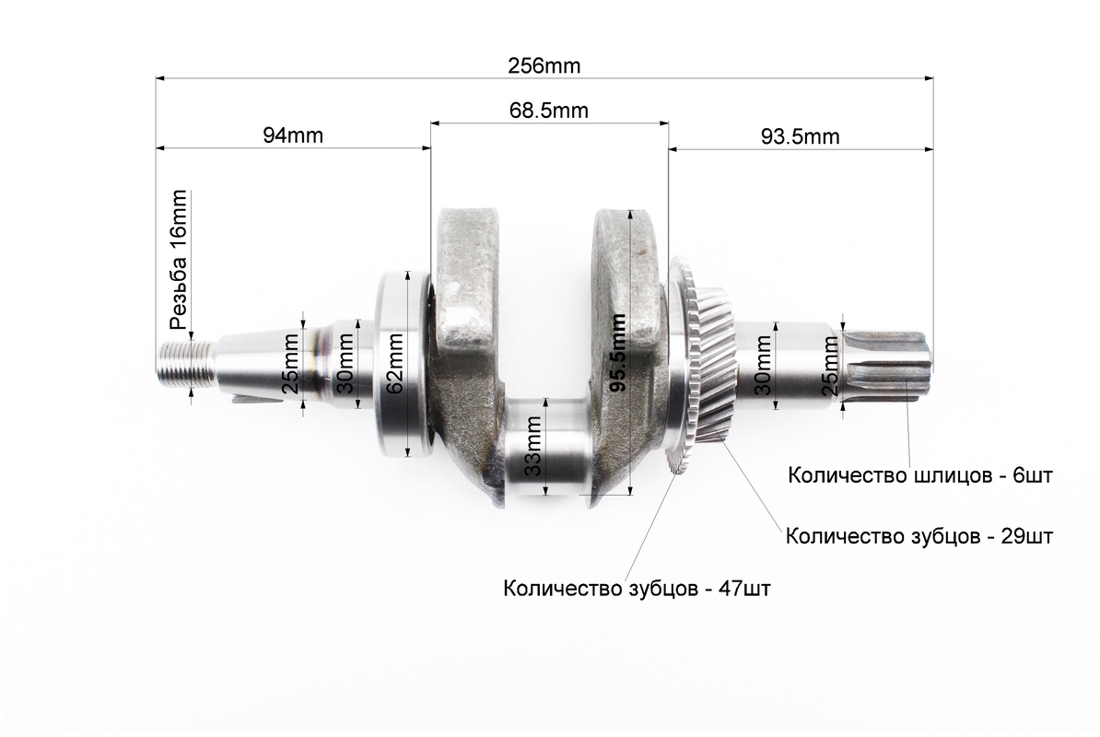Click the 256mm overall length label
click(x=544, y=66)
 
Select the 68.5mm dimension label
click(x=548, y=111)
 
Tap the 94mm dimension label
click(x=293, y=135)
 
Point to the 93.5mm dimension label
click(x=801, y=136)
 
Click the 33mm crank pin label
click(x=533, y=446)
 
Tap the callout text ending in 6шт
click(x=920, y=475)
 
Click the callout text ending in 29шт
click(x=919, y=536)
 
